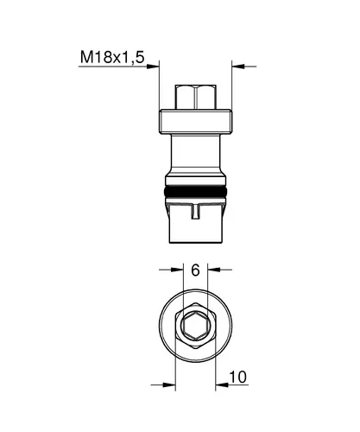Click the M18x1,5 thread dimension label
[x=112, y=57]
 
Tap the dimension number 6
[x=195, y=270]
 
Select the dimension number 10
[x=237, y=377]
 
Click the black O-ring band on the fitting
[x=196, y=192]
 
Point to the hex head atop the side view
[x=196, y=97]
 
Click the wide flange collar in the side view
[x=196, y=122]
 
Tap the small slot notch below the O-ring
[x=196, y=212]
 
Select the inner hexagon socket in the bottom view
[x=196, y=326]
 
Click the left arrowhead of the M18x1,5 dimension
[x=153, y=67]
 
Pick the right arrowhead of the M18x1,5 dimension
[x=238, y=67]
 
